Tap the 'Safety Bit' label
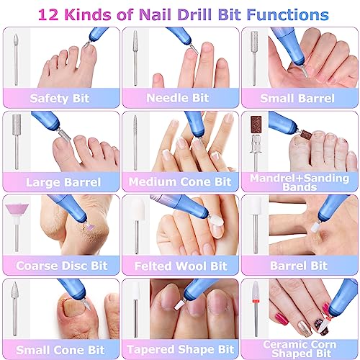coord(60,98)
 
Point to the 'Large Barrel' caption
coord(60,182)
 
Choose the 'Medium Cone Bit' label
coord(179,182)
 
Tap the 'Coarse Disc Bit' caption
coord(60,266)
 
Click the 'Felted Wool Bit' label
coord(179,266)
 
